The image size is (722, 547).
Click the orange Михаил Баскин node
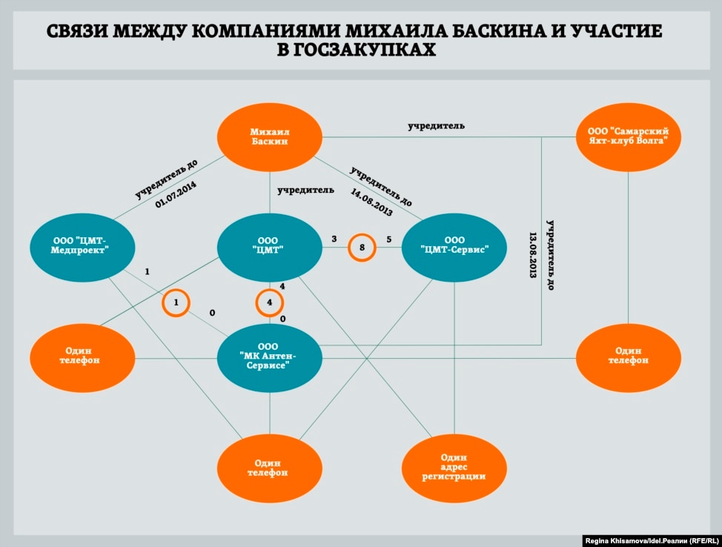point(269,135)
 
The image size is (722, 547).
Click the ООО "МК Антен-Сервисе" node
point(269,357)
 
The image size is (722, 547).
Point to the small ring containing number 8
point(362,248)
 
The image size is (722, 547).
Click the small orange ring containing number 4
point(270,302)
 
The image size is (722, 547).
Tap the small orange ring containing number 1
point(176,302)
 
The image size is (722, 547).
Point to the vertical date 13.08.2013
point(533,254)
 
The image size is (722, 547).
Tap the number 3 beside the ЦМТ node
point(334,239)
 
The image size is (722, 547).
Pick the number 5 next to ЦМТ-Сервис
point(388,239)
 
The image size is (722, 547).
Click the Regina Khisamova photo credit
point(649,539)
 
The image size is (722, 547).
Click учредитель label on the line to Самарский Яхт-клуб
point(437,126)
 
